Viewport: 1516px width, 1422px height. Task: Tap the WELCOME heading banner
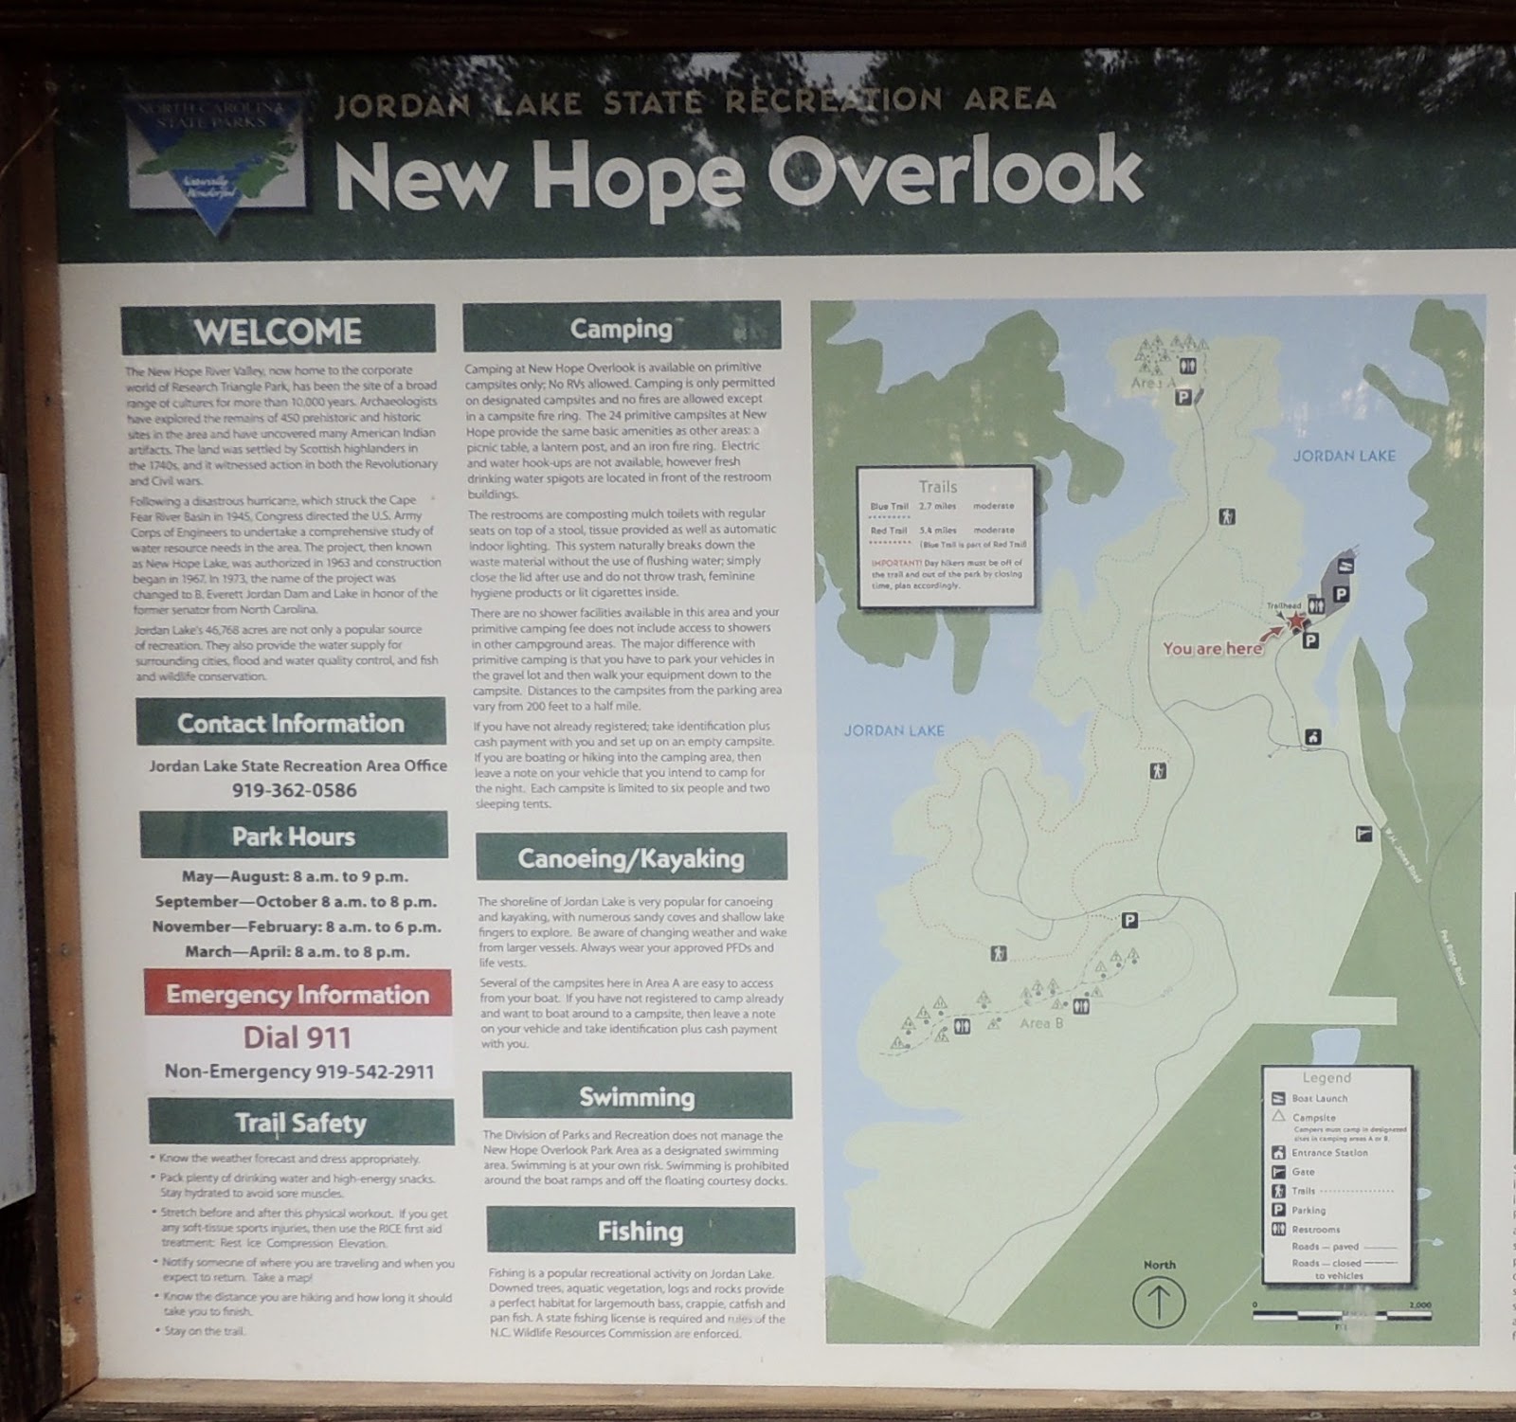tap(278, 331)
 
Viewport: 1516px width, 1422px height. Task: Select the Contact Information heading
tap(290, 723)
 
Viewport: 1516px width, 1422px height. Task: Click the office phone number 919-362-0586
tap(295, 790)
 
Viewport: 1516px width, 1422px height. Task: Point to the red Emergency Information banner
tap(298, 994)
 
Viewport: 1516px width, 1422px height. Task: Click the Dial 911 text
tap(298, 1037)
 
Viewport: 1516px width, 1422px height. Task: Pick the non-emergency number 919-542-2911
tap(299, 1071)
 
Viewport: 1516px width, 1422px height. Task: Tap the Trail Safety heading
tap(300, 1123)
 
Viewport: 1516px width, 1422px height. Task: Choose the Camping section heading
tap(621, 328)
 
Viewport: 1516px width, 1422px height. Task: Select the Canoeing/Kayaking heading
tap(631, 858)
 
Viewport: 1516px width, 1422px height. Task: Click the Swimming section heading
tap(637, 1097)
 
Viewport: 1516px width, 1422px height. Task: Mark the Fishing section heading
tap(641, 1231)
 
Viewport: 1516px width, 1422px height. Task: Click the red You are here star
tap(1295, 621)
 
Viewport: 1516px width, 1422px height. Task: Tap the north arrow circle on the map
tap(1159, 1302)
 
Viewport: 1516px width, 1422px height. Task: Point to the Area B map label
tap(1041, 1023)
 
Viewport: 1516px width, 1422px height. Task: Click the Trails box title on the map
tap(937, 486)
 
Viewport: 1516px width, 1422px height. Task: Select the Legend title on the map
tap(1326, 1077)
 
